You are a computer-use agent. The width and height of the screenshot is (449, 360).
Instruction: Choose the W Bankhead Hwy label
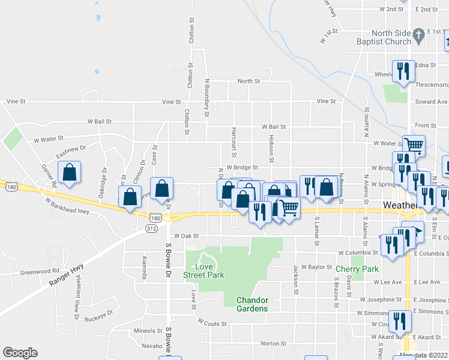coord(67,211)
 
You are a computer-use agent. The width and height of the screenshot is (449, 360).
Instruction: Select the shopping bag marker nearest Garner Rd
coord(70,173)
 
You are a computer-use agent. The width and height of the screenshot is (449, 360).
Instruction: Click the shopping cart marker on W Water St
coord(414,145)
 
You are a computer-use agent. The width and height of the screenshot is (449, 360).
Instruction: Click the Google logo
coord(20,353)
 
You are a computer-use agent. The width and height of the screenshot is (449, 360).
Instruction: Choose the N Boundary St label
coord(206,96)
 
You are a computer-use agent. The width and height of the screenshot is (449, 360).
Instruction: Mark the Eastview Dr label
coord(71,151)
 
